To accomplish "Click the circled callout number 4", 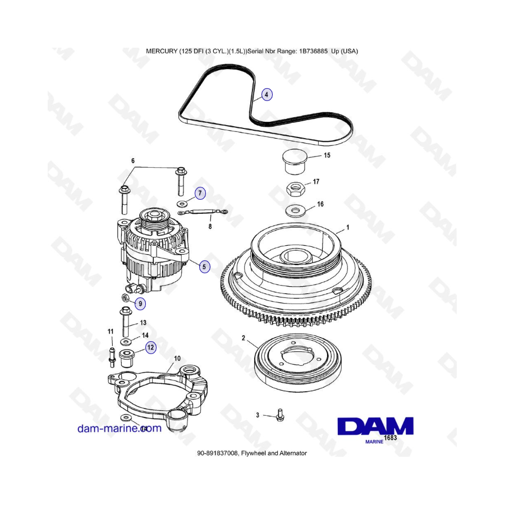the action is click(x=267, y=95).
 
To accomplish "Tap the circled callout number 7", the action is click(x=200, y=193).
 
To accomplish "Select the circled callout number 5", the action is click(x=204, y=267).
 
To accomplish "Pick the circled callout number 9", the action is click(x=140, y=304).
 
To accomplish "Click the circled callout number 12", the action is click(x=150, y=347).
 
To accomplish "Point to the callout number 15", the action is click(x=327, y=155).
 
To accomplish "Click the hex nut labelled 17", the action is click(x=296, y=189).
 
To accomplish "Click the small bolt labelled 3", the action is click(x=280, y=415).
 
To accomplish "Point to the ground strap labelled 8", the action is click(x=203, y=212).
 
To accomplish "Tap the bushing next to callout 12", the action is click(x=127, y=358).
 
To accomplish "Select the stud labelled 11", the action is click(x=112, y=357).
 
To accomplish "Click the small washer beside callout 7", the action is click(x=182, y=204).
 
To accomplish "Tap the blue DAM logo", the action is click(x=375, y=426).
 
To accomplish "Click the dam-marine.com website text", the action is click(x=120, y=428).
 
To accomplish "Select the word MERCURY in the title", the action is click(x=162, y=51).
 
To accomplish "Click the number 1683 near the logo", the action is click(x=391, y=438).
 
